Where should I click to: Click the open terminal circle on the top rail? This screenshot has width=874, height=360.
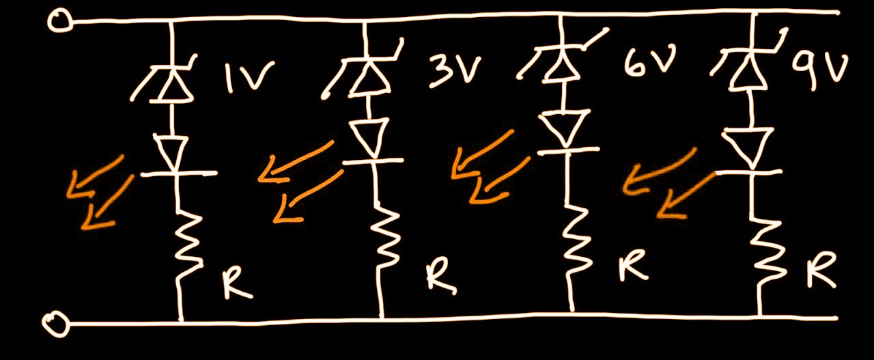click(x=59, y=21)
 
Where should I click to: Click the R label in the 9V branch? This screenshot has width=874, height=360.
click(x=820, y=273)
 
